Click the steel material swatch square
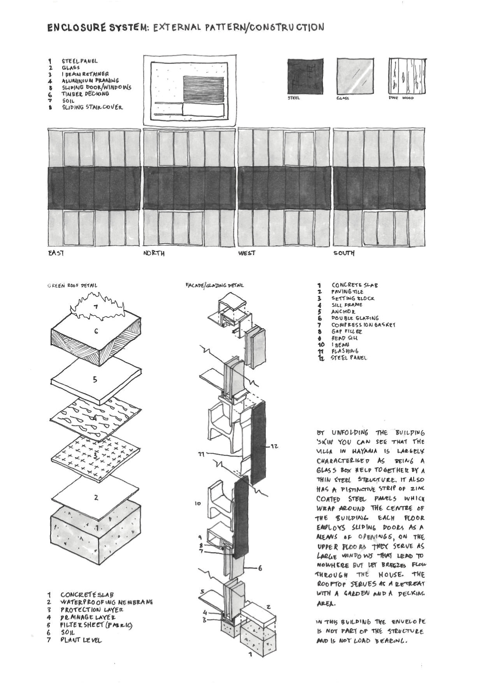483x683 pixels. click(305, 76)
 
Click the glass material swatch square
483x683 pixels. click(355, 76)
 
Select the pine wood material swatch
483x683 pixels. click(407, 76)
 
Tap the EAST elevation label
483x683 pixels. click(56, 253)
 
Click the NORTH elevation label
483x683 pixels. click(154, 253)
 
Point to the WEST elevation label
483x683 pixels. click(247, 253)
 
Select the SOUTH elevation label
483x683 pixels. click(344, 253)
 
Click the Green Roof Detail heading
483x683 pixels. click(72, 285)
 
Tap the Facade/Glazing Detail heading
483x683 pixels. click(214, 285)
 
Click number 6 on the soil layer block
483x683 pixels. click(96, 331)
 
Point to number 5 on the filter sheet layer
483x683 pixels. click(95, 380)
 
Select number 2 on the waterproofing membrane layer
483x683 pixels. click(96, 498)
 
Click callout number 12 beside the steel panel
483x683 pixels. click(274, 446)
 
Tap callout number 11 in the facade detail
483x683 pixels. click(202, 454)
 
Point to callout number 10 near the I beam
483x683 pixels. click(197, 503)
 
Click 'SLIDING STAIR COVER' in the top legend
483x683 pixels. click(92, 107)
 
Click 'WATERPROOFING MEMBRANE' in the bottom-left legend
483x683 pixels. click(106, 602)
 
